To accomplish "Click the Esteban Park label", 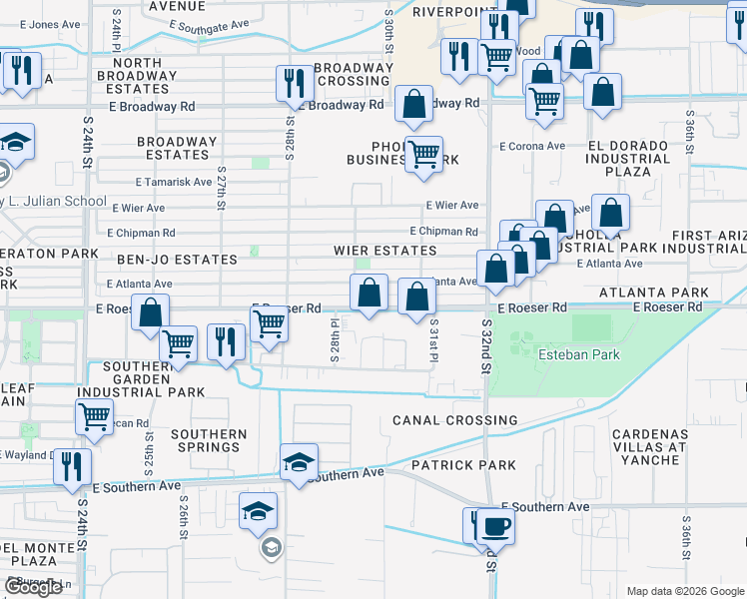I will (x=579, y=354).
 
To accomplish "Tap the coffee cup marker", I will (x=492, y=525).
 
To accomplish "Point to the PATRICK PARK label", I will (x=463, y=465).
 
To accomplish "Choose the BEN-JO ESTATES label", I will (x=163, y=260).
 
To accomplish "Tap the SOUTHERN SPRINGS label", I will (x=209, y=441).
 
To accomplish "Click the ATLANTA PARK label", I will (x=653, y=293).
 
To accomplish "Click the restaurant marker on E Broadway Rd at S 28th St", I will (x=294, y=82).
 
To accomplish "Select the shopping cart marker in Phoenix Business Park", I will (x=424, y=154).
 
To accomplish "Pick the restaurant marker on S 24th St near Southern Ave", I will (x=72, y=465).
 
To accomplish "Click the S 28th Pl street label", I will (x=337, y=338).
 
